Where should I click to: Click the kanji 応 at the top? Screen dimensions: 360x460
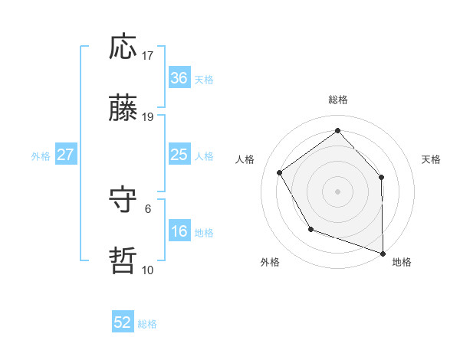coord(123,47)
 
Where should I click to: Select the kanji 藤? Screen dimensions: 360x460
coord(123,109)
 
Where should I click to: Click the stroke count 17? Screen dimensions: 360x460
coord(148,56)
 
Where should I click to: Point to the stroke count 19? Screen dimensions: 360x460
coord(148,117)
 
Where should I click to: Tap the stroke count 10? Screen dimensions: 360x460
coord(148,270)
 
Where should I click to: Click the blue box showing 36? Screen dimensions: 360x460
coord(179,78)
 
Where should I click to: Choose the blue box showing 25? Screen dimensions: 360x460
coord(179,155)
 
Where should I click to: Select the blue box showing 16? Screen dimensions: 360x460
coord(179,231)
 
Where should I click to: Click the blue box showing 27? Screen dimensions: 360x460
coord(66,155)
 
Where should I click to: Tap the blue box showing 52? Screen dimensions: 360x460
coord(123,322)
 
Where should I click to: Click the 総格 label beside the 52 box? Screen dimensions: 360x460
coord(147,324)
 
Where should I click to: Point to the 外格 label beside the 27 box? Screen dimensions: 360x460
coord(41,156)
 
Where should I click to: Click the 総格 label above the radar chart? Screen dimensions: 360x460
coord(338,100)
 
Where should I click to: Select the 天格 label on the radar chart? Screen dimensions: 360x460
coord(432,159)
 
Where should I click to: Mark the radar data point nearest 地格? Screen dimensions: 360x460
coord(383,253)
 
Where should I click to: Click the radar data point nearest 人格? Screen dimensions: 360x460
coord(280,172)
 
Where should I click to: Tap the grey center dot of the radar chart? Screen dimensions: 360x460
coord(338,191)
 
